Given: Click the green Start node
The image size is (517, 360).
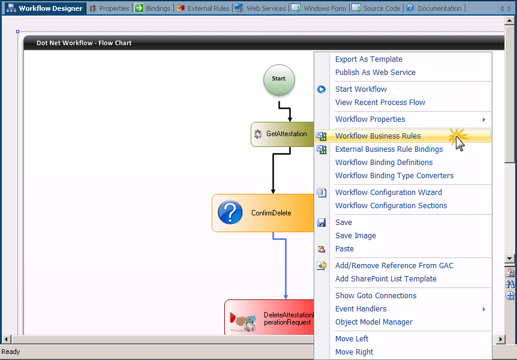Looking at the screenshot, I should tap(279, 79).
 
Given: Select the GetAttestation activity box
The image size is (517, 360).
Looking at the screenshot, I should tap(282, 134).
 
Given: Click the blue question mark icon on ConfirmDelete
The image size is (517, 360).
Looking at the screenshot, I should tap(230, 213).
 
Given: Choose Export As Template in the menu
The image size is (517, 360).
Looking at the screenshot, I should tap(368, 59).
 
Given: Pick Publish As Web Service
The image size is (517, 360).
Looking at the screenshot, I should tap(375, 73).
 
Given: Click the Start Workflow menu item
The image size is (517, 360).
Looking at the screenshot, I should tap(361, 89).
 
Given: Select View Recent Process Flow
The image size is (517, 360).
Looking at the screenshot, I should tap(380, 103).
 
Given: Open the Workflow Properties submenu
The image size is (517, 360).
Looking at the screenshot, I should tap(370, 119).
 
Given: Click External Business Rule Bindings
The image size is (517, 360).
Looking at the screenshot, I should tap(389, 149).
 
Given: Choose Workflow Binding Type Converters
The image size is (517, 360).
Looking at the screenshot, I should tap(394, 176).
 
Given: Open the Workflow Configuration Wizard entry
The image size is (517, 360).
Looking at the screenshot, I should tap(388, 193).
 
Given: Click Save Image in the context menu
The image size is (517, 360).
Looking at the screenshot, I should tap(356, 236).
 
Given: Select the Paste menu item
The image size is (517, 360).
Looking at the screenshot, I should tap(344, 249).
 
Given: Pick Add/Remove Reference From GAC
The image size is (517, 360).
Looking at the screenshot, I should tap(394, 266).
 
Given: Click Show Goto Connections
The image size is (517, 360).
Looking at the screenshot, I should tap(375, 296).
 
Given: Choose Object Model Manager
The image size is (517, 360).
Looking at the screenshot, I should tap(374, 322).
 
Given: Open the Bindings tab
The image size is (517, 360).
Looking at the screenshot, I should tap(154, 8).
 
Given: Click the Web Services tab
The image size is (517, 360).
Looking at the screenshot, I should tap(260, 8).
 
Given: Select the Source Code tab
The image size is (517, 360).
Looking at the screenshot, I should tap(376, 8).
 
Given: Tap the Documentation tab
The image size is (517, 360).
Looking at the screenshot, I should tap(434, 8).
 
